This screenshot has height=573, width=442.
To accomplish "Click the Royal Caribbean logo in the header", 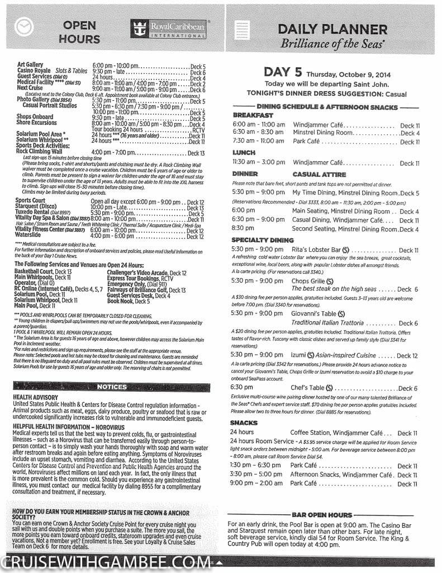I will coord(168,28).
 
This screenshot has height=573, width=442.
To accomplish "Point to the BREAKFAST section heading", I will coord(253,115).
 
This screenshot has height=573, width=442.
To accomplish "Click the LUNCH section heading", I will coord(244,152).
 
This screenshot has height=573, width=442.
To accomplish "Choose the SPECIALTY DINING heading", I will coord(263,240).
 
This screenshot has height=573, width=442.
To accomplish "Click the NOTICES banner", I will coord(112,387).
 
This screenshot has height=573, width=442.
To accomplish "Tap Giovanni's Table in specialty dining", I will coord(315,314).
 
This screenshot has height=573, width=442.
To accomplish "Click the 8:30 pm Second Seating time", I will coord(243,229).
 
